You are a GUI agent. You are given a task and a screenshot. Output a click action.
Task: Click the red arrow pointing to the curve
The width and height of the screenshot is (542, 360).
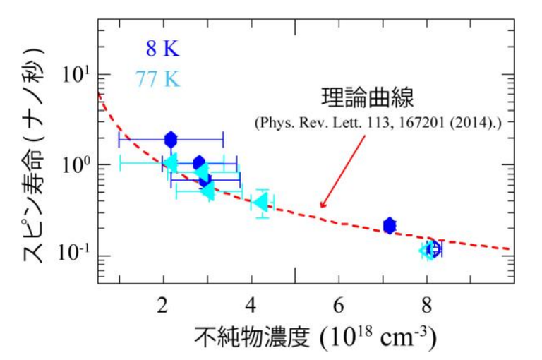[343, 170]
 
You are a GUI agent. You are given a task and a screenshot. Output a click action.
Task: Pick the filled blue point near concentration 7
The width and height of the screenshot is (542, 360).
[390, 225]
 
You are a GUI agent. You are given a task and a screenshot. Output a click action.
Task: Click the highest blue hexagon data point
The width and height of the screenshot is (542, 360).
[170, 139]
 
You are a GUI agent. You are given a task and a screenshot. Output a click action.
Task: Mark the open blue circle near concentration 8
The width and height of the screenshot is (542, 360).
[434, 248]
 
